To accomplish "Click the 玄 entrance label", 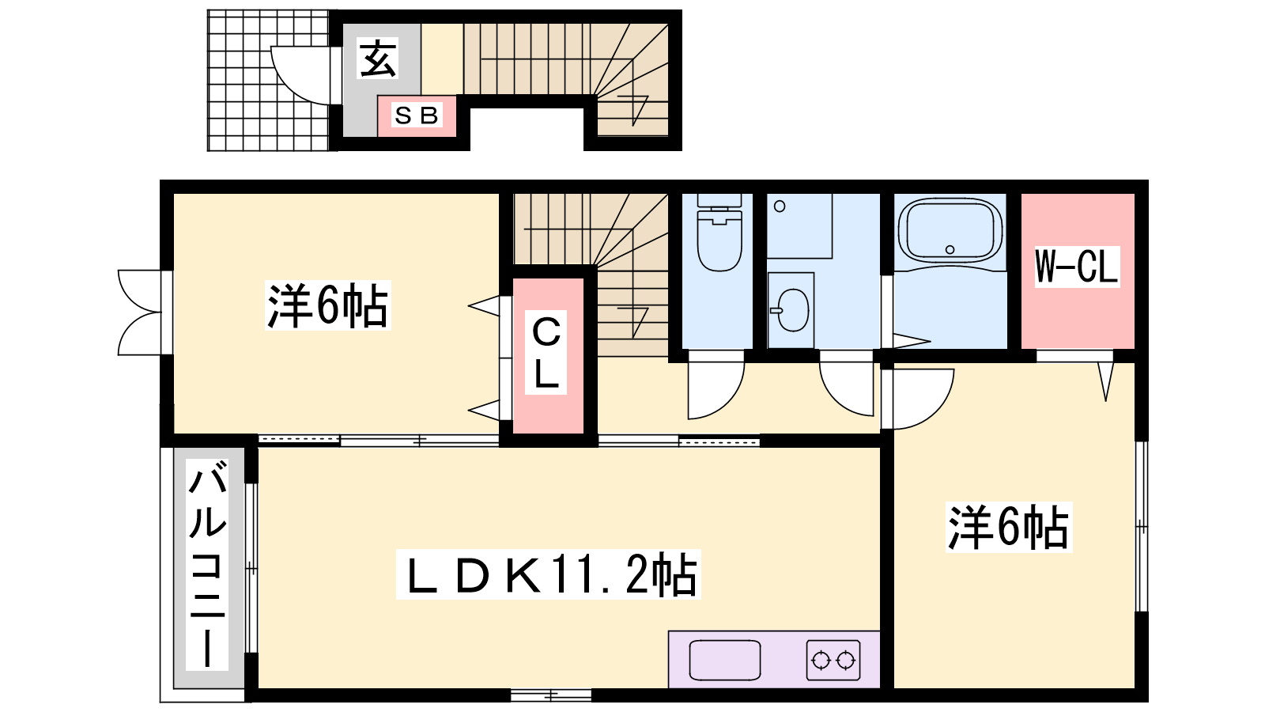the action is pos(379,59).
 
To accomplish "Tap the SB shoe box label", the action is pos(417,116).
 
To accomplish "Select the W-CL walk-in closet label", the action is pos(1076,267).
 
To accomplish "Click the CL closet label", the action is pos(546,353).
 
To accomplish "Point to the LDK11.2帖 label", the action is pos(549,574).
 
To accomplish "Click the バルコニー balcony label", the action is pos(207,564).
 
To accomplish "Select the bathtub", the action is pos(950,231).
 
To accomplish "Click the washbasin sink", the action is pos(792,310).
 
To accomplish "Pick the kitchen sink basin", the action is pos(724,661).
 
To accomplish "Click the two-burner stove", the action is pos(833,660).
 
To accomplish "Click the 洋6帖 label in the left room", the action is pos(327,305).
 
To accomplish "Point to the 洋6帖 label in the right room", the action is pos(1009,527).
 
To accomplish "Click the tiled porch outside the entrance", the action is pos(268,81).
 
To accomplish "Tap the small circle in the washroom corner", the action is pos(780,206).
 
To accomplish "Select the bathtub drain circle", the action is pos(950,250).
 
